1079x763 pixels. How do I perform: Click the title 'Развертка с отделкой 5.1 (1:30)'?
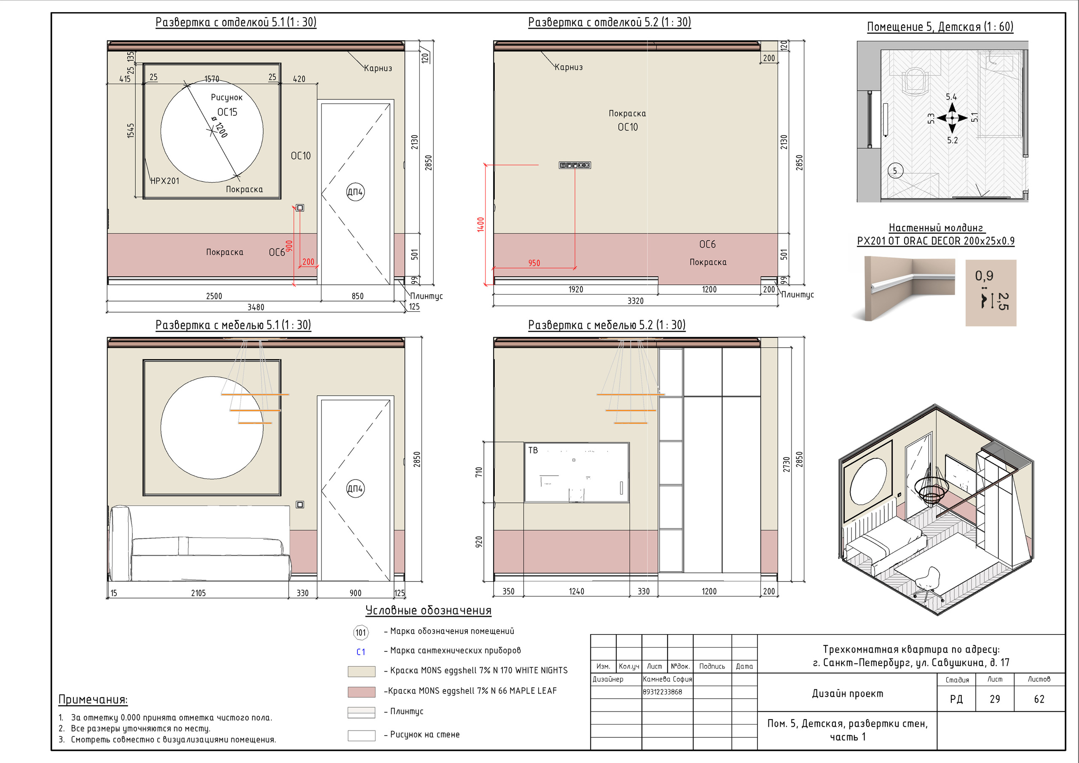tap(236, 22)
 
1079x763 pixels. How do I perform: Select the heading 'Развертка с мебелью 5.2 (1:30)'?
tap(607, 325)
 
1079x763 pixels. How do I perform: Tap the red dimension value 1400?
tap(480, 225)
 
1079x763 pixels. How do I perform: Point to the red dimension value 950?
tap(534, 263)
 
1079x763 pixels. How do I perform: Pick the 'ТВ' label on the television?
tap(533, 450)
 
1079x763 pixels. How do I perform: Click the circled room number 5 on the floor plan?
tap(895, 171)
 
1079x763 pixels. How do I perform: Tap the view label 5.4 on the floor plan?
tap(951, 97)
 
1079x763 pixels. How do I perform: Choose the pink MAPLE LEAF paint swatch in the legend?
tap(361, 691)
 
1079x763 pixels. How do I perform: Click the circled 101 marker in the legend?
tap(361, 632)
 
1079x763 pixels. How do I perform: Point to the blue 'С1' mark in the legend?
tap(361, 652)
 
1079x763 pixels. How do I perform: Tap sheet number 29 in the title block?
tap(995, 699)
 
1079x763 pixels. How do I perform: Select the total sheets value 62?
tap(1039, 699)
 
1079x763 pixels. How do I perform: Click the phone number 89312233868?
tap(663, 691)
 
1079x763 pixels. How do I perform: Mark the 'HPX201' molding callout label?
tap(165, 181)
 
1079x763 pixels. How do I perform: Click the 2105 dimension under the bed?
tap(199, 593)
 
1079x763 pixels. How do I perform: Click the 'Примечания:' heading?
tap(93, 699)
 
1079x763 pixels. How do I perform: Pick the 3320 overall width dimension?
tap(635, 301)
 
